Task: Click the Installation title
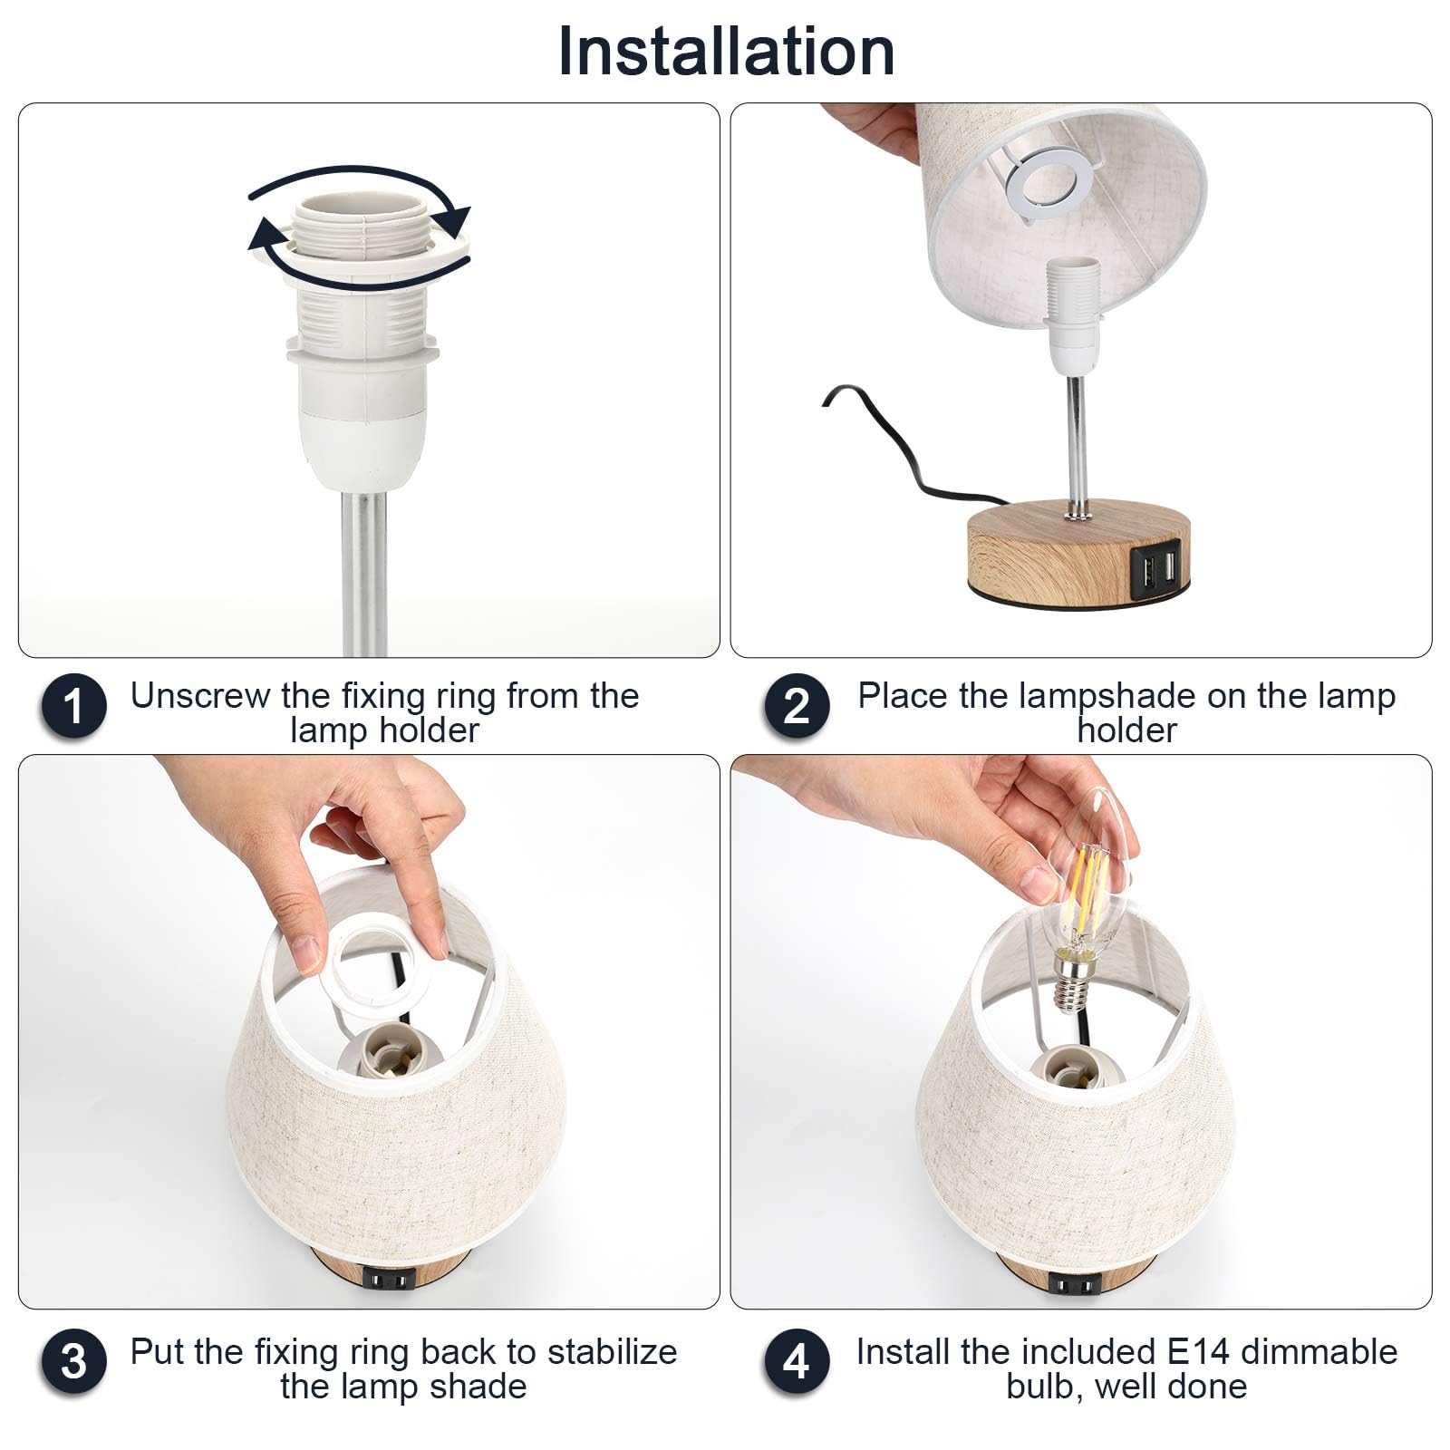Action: pos(726,51)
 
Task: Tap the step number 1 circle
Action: pos(73,706)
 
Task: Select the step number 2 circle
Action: pos(797,706)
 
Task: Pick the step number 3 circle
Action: pos(73,1362)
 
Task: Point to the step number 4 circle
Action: pos(797,1362)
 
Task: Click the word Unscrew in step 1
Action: pos(200,696)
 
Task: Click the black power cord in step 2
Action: pos(906,453)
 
